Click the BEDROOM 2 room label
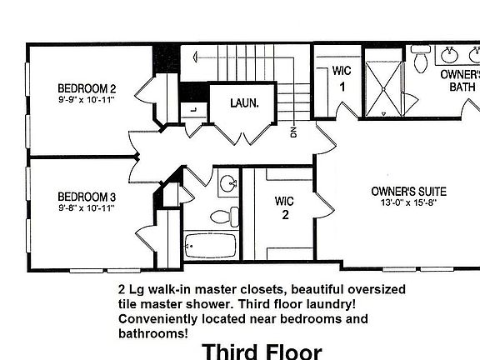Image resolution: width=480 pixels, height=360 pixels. pyautogui.click(x=86, y=89)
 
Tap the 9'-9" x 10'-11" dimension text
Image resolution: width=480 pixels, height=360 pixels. pyautogui.click(x=86, y=100)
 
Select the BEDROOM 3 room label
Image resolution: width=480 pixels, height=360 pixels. pyautogui.click(x=86, y=197)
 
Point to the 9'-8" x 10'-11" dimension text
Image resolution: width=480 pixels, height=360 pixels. pyautogui.click(x=86, y=207)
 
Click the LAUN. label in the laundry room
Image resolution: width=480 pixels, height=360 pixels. pyautogui.click(x=247, y=104)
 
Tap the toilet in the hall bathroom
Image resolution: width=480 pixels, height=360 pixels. pyautogui.click(x=220, y=217)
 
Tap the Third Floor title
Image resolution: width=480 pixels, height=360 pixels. pyautogui.click(x=261, y=351)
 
